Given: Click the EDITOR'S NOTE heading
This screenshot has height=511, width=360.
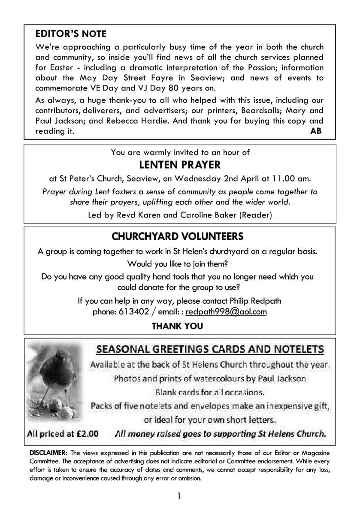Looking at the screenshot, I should (x=71, y=34).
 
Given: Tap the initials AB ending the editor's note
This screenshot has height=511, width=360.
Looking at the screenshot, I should (x=315, y=131).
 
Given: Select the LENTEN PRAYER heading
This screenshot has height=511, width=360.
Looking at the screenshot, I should (x=180, y=165).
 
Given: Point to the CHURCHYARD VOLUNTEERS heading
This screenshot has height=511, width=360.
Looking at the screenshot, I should (x=177, y=236).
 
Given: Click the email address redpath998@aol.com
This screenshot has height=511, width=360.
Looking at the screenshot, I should (x=226, y=312).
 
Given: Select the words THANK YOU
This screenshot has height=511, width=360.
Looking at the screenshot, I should (x=177, y=326).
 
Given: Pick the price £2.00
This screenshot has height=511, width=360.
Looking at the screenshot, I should (x=87, y=433).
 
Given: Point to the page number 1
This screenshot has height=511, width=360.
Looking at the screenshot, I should (x=179, y=496).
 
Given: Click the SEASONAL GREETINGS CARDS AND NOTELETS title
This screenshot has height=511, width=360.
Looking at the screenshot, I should (x=210, y=349).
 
